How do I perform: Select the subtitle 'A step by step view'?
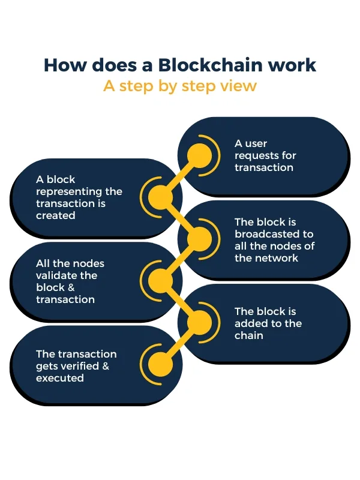tap(179, 86)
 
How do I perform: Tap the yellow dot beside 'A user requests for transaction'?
tap(199, 155)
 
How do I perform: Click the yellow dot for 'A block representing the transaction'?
tap(161, 196)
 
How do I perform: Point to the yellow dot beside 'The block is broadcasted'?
tap(199, 239)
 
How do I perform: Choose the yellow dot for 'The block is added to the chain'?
tap(199, 323)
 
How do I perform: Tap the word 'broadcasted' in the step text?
tap(274, 234)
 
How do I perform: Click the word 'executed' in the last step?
tap(59, 378)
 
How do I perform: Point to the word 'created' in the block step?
tap(56, 215)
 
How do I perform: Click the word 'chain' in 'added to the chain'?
tap(249, 335)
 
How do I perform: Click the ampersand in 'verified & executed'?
tap(106, 366)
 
